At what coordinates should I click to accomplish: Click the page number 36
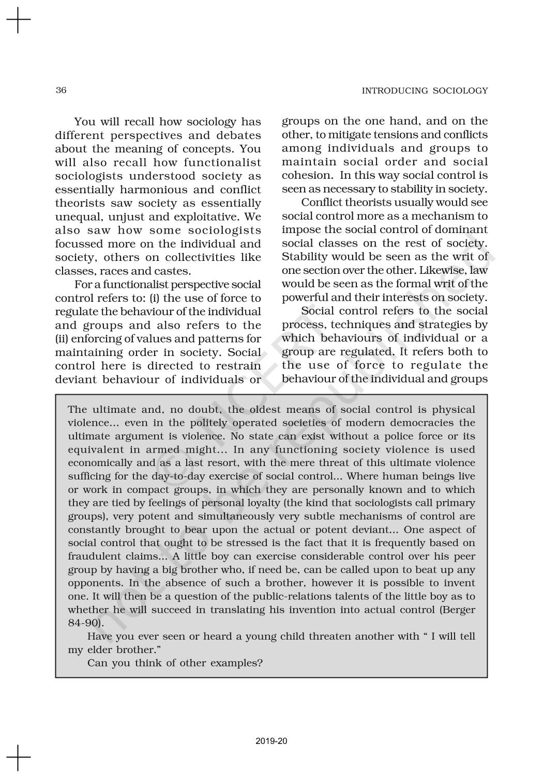61,90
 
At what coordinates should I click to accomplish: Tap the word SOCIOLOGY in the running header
460,91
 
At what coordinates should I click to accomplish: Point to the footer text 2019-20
271,741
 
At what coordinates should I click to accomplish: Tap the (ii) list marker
62,339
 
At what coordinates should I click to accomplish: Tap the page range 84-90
83,623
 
